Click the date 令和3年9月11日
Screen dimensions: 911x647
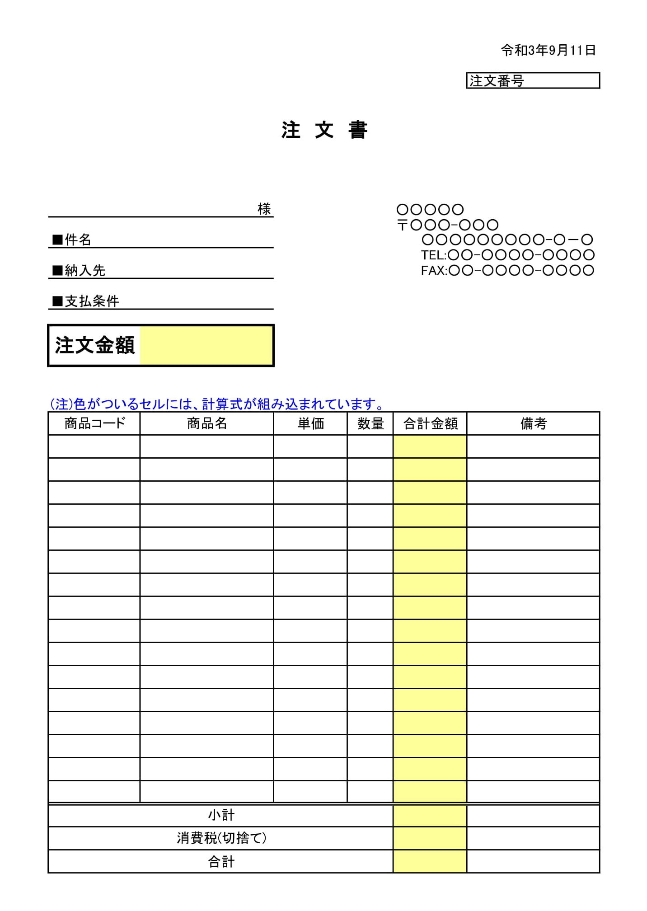[548, 50]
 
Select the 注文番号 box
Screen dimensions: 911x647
[533, 81]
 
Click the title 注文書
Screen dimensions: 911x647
[324, 131]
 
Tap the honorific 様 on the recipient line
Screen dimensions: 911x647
[264, 209]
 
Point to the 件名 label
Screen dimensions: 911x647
[77, 239]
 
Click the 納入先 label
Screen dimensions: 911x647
[84, 270]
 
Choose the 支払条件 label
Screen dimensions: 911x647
[91, 301]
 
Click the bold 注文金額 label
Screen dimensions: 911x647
[95, 345]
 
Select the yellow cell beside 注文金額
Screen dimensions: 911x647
[206, 345]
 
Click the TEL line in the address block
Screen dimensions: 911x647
[507, 255]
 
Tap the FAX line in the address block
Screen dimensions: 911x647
[507, 270]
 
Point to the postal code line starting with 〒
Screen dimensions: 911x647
[447, 225]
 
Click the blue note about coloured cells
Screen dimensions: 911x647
[216, 404]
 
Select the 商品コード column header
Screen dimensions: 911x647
[94, 423]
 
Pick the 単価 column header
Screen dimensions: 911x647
[310, 423]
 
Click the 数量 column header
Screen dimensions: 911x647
[370, 423]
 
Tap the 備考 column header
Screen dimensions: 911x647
[533, 423]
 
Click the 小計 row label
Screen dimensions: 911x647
[221, 816]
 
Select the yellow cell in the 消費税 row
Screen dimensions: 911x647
[430, 838]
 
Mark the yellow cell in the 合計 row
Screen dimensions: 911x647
[430, 861]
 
